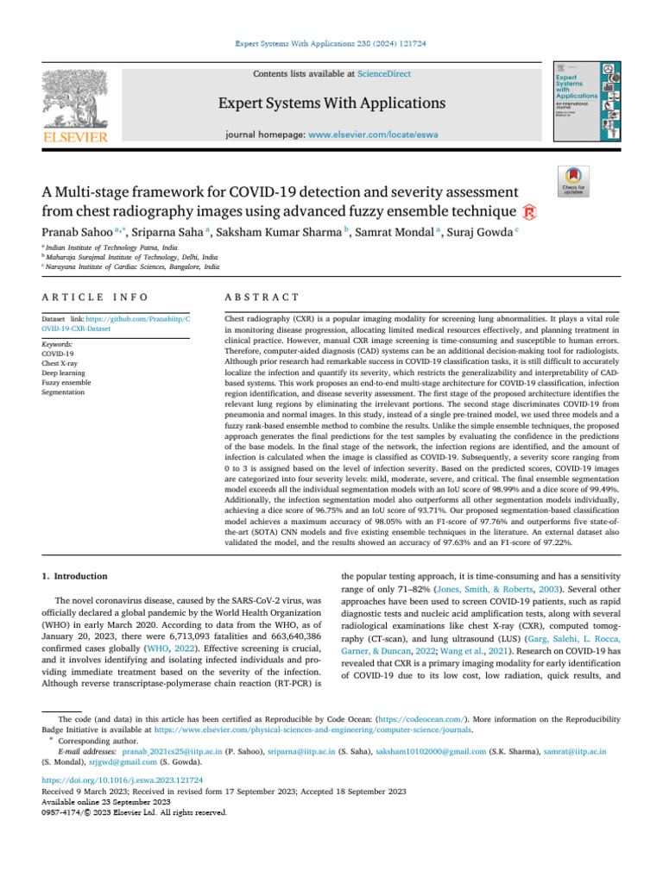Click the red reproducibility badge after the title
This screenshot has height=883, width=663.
click(534, 211)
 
